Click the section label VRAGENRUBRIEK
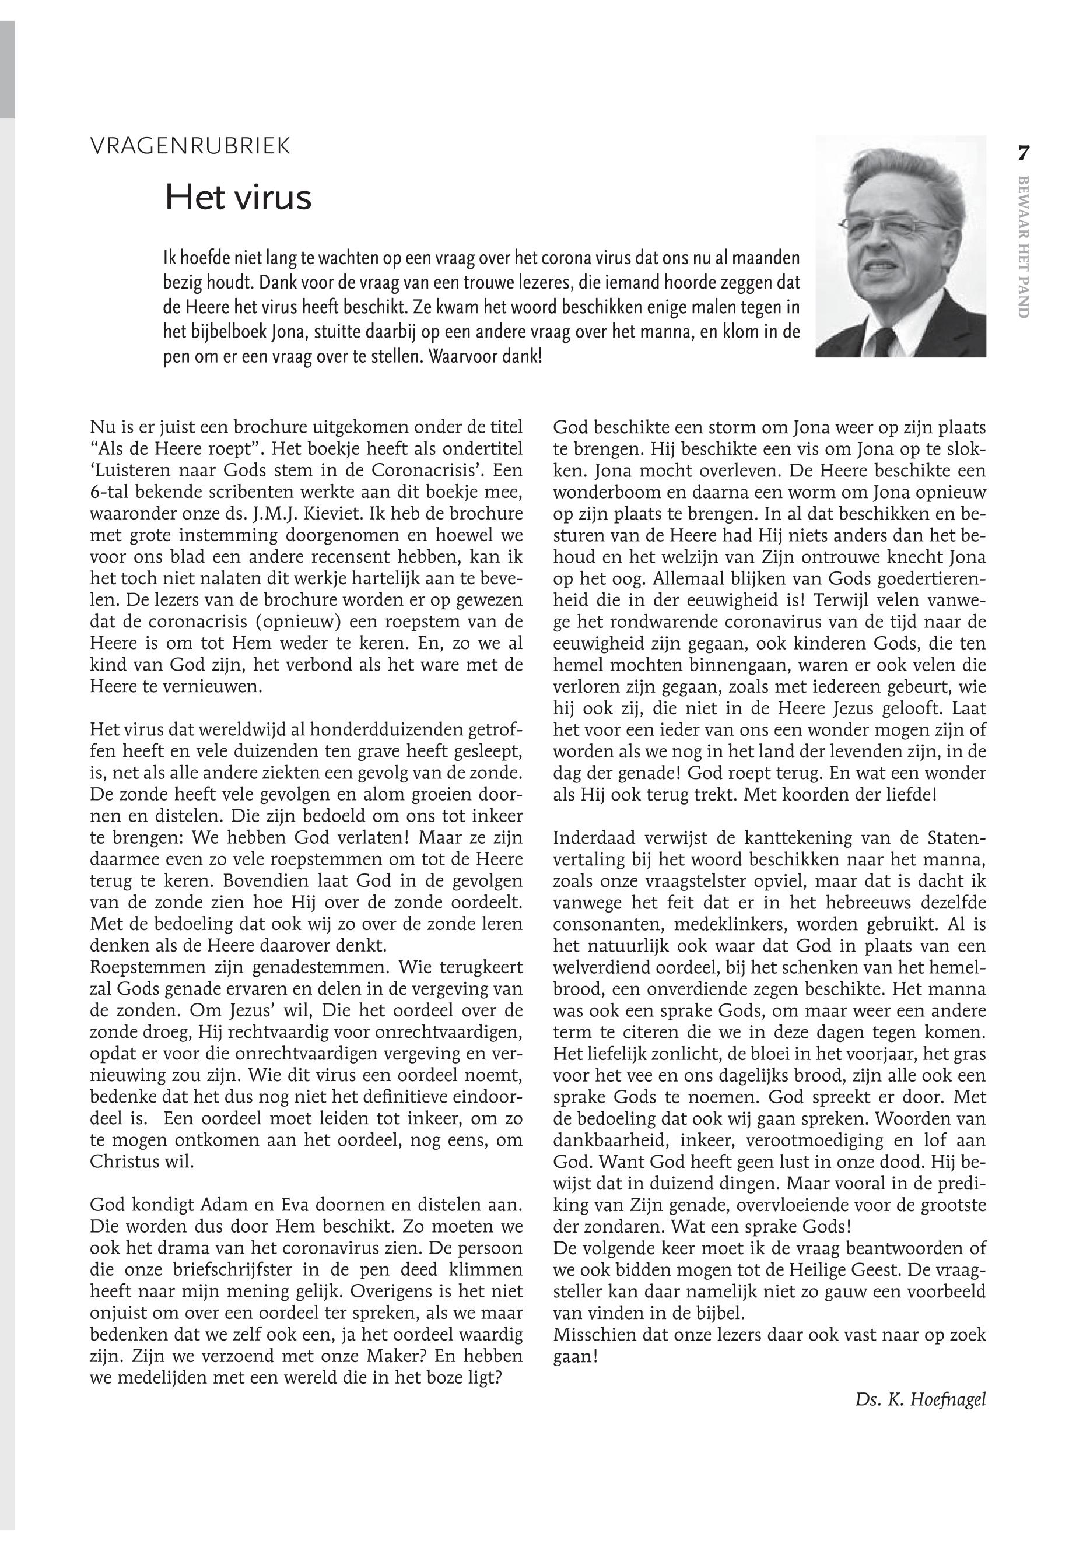[190, 146]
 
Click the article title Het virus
[238, 198]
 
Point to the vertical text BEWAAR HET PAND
[1023, 247]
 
